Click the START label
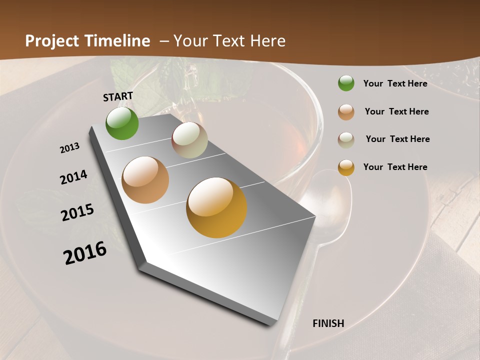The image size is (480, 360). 118,96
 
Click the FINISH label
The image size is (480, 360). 328,323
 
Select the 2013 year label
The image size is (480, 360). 69,148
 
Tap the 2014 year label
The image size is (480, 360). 73,177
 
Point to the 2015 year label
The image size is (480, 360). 77,212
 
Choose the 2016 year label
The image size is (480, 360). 85,253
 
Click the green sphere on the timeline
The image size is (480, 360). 122,123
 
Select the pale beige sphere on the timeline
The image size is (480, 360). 189,140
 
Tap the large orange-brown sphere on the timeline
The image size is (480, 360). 145,180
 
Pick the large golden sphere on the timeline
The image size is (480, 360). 216,207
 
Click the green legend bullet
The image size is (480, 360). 346,83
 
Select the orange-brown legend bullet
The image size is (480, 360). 346,112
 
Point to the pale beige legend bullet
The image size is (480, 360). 346,139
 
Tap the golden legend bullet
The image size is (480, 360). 346,167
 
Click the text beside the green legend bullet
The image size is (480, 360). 395,83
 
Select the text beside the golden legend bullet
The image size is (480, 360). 395,167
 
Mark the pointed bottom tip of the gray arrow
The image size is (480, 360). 270,325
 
